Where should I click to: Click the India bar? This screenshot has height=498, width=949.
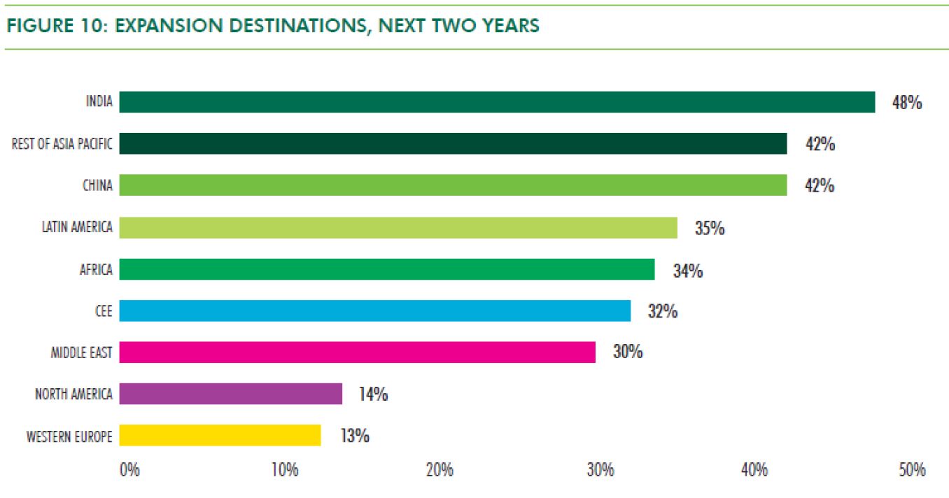point(497,102)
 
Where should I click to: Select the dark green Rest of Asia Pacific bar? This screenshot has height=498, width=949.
point(453,144)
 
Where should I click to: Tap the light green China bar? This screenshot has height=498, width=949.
point(453,185)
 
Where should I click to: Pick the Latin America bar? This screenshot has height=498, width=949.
point(398,227)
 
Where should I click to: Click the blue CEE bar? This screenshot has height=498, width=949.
point(374,311)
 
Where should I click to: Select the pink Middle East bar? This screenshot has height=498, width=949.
point(357,352)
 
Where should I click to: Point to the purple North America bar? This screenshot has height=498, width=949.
point(230,394)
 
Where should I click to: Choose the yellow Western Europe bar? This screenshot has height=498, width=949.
point(220,435)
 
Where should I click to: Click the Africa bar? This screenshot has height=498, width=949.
point(386,269)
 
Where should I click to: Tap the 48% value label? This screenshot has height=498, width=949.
point(907,103)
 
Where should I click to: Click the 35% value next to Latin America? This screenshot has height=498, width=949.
point(710,228)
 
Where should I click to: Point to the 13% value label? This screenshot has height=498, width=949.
point(355,436)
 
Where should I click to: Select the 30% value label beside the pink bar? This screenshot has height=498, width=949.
point(628,352)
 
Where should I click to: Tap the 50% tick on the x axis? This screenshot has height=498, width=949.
point(913,470)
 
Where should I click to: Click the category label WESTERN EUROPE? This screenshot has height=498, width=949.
point(69,436)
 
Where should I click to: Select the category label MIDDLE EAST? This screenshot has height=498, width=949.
point(81,353)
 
